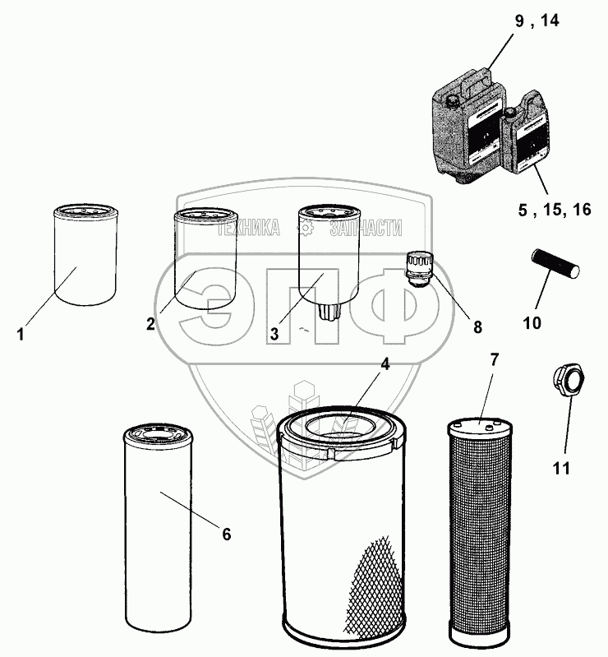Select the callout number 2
pos(150,323)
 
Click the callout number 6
pos(227,534)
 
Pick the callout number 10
pos(532,322)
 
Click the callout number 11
pos(561,469)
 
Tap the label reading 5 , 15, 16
pos(554,211)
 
